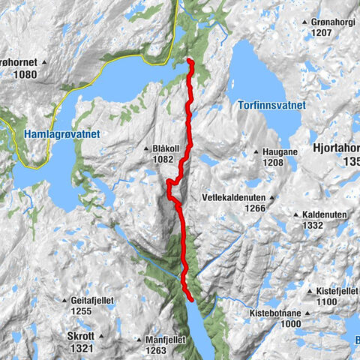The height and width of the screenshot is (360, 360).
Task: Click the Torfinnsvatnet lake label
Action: pyautogui.click(x=271, y=106)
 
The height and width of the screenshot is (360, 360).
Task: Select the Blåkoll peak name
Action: pyautogui.click(x=164, y=149)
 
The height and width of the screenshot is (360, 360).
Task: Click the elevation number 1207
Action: pyautogui.click(x=322, y=34)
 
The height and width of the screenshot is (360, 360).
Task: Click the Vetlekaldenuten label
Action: pyautogui.click(x=234, y=198)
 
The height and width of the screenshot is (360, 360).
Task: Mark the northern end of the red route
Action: pyautogui.click(x=190, y=61)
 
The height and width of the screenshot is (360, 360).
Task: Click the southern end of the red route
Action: pyautogui.click(x=192, y=298)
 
